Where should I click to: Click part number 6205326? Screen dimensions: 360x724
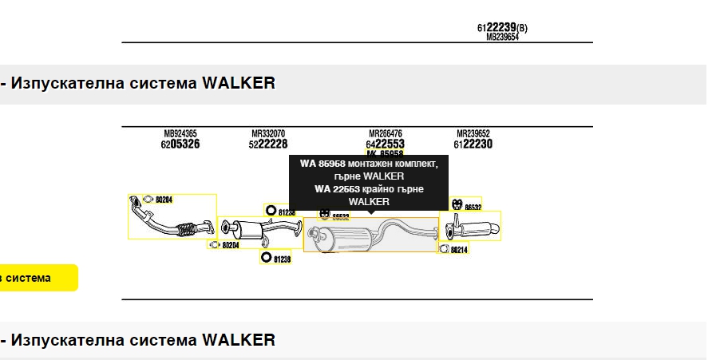coord(180,144)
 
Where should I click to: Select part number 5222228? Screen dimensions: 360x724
coord(267,144)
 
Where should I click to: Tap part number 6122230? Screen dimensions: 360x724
coord(473,144)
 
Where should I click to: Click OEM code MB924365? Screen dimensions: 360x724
coord(180,133)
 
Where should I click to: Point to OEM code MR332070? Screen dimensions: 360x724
coord(268,133)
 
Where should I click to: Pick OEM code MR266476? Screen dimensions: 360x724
coord(385,133)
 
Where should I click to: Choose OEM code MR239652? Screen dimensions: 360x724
coord(473,133)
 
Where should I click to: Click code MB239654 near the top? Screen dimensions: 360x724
coord(502,37)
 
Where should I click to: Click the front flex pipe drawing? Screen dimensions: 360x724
coord(171,218)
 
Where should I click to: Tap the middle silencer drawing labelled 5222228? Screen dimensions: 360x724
coord(259,232)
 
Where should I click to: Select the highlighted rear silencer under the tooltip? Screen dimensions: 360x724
coord(371,235)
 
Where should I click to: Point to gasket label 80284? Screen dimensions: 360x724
coord(164,200)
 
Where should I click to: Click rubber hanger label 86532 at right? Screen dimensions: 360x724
coord(473,208)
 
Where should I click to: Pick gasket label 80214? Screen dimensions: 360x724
coord(458,250)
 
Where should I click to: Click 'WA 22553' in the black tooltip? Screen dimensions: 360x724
coord(337,188)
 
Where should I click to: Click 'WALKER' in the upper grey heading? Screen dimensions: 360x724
coord(239,83)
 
